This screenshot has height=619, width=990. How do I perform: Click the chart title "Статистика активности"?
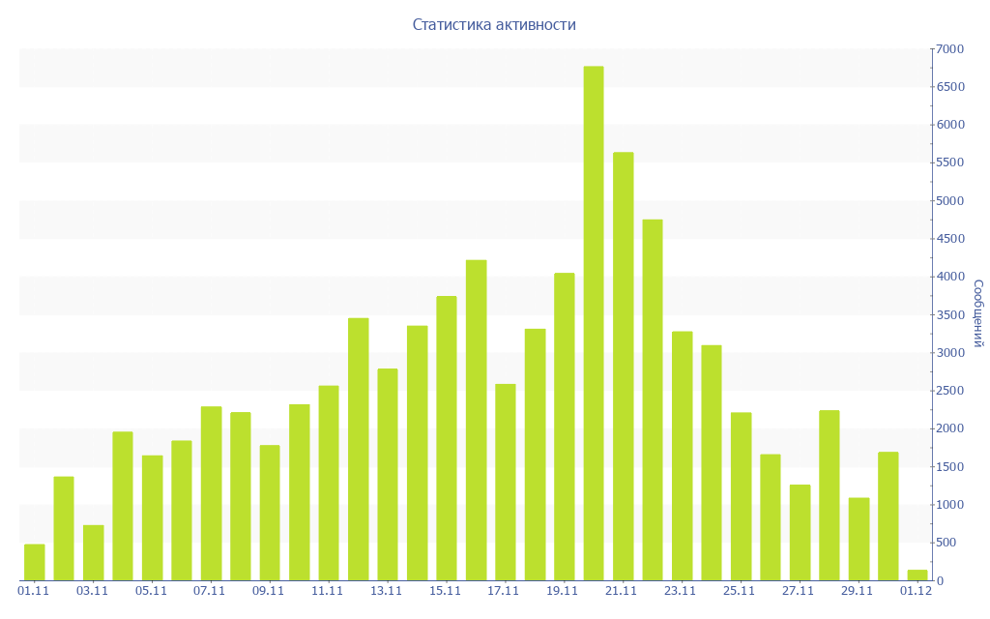click(494, 24)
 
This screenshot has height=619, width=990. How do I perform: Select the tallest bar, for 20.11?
click(594, 323)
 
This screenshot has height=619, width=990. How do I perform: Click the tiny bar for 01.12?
click(917, 575)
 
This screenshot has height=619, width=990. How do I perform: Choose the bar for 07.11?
click(211, 493)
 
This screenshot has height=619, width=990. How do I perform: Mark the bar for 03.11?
click(94, 552)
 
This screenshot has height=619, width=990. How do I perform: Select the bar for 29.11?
click(859, 539)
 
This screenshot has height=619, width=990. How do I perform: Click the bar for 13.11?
click(388, 474)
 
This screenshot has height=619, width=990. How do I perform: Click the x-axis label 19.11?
click(563, 591)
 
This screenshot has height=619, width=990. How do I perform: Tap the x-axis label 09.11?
click(269, 591)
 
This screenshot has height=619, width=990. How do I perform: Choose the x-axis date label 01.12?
click(916, 591)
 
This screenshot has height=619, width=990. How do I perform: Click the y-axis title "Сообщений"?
click(977, 313)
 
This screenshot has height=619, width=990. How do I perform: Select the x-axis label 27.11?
click(799, 591)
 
